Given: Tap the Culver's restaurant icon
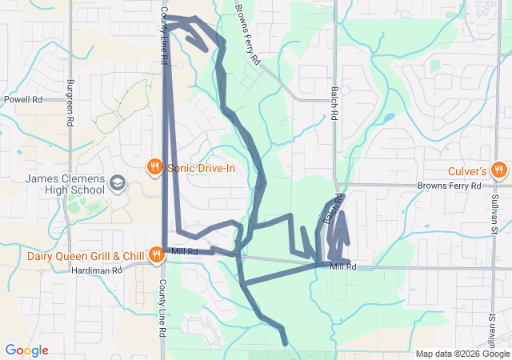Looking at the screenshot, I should click(498, 170).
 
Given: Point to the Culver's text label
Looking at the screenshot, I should click(467, 171).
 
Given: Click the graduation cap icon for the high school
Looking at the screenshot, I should click(118, 183).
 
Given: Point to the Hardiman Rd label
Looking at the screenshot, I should click(98, 270).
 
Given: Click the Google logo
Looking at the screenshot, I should click(26, 350).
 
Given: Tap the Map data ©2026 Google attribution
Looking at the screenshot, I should click(462, 354).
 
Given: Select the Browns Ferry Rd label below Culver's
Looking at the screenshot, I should click(448, 186).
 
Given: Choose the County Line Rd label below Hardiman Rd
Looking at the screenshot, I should click(162, 308).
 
